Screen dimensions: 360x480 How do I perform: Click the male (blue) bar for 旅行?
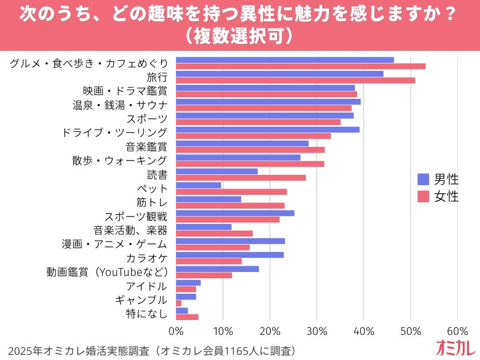point(279,74)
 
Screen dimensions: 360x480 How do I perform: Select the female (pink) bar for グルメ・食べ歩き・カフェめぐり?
point(301,66)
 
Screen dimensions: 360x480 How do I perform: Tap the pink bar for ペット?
point(231,192)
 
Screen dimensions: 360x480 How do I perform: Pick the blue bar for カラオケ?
point(230,255)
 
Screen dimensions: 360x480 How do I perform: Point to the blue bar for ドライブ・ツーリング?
point(267,130)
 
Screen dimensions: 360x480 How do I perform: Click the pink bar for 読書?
point(241,178)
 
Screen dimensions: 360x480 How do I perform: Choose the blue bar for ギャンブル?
point(186,297)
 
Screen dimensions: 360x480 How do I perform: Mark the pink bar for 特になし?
point(187,317)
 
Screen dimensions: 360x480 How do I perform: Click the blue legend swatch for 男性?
point(423,179)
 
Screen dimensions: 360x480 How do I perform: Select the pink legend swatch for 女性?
point(423,197)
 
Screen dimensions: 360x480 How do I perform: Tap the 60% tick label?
point(457,331)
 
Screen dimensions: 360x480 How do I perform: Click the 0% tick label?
point(176,331)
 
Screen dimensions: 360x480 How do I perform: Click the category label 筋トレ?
point(151,202)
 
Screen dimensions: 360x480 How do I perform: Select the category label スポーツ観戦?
point(135,217)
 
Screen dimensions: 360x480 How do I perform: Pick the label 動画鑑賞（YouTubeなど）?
point(107,272)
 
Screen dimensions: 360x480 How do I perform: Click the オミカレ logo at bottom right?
point(455,348)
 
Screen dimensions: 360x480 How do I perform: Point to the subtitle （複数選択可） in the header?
point(239,35)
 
